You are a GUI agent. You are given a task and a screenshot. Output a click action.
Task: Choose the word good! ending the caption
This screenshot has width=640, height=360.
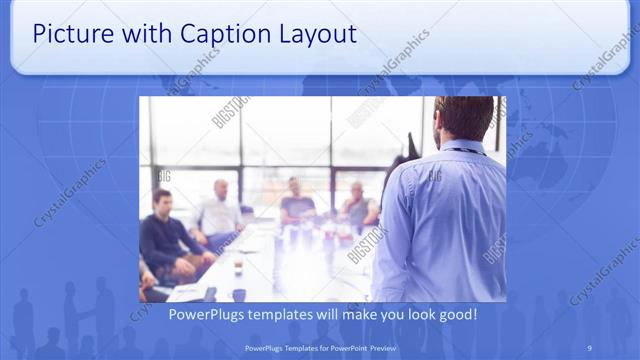tap(456, 314)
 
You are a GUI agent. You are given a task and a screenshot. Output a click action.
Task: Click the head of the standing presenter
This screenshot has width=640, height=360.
tap(464, 116)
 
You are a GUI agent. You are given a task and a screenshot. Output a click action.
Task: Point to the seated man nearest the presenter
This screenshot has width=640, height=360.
tap(358, 205)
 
